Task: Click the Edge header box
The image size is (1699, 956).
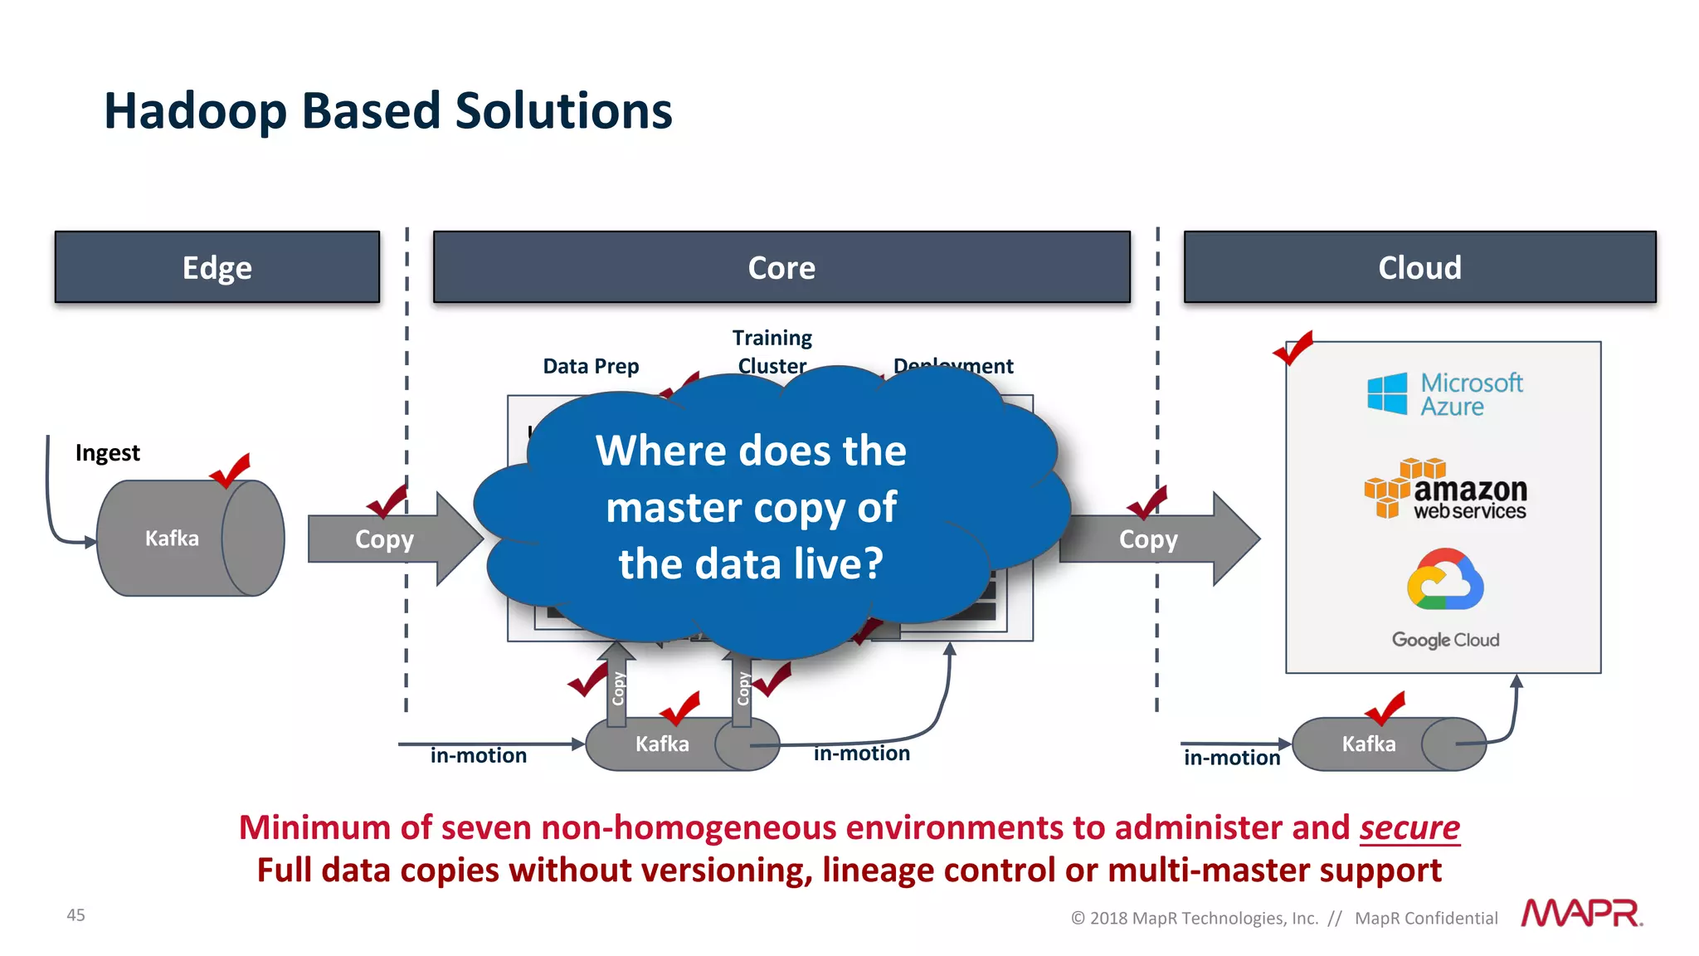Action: point(217,267)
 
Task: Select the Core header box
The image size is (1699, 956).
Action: point(781,267)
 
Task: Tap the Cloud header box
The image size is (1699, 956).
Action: point(1419,267)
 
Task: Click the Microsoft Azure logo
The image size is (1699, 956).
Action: point(1444,394)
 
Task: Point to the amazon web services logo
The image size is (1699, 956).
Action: point(1445,490)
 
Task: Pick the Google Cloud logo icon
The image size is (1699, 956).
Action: point(1445,580)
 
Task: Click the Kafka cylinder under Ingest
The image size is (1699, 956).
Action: point(190,538)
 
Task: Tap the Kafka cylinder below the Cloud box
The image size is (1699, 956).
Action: point(1388,744)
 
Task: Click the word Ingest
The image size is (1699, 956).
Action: point(108,453)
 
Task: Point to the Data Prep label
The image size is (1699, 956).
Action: point(591,366)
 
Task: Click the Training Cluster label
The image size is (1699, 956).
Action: point(772,350)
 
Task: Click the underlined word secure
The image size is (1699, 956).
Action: point(1409,827)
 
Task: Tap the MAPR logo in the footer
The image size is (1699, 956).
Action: point(1581,913)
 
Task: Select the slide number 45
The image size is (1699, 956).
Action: point(75,915)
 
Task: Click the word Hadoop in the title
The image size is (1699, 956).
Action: point(195,111)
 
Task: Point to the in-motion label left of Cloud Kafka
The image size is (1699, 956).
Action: point(1232,758)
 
